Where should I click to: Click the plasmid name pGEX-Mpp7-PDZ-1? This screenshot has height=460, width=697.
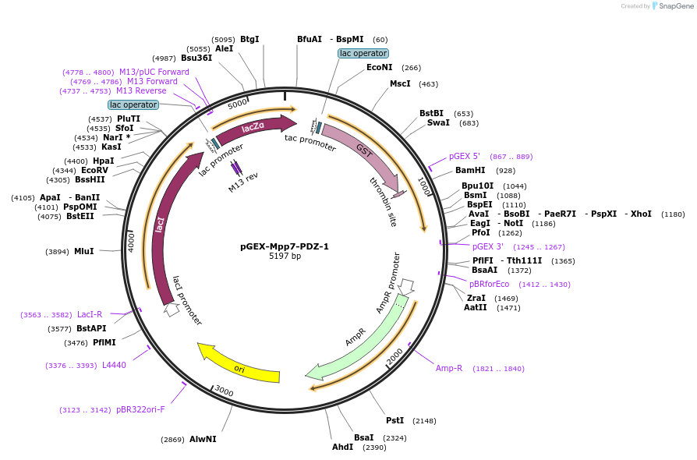[x=285, y=246]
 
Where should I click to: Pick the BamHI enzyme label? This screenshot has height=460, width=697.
[x=470, y=170]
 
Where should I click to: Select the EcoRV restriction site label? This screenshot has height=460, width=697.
[x=94, y=170]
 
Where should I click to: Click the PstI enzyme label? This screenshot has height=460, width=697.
[x=395, y=420]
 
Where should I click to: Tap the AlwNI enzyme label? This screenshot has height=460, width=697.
[x=203, y=440]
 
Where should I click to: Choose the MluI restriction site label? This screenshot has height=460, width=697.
[x=83, y=251]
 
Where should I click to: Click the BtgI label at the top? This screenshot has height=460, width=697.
[x=249, y=39]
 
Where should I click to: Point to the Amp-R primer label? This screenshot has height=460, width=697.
[x=449, y=368]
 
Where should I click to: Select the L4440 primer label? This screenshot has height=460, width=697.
[x=114, y=365]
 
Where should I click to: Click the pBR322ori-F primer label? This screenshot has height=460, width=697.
[x=140, y=409]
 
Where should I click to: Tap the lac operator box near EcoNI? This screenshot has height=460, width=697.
[x=363, y=53]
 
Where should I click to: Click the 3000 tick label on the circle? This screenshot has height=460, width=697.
[x=224, y=390]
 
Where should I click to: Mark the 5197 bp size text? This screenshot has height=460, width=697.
[x=285, y=256]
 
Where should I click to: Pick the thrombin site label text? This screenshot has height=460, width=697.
[x=383, y=201]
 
